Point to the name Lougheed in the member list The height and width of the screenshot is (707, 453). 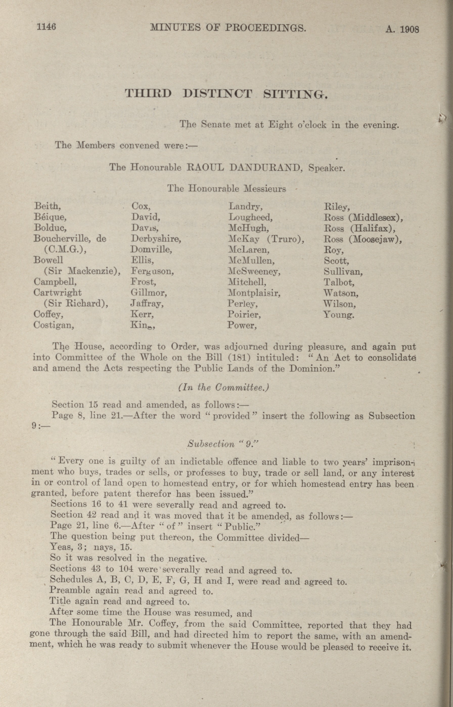pos(250,217)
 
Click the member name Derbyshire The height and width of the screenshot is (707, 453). pos(156,239)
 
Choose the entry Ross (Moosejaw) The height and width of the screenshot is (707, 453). pos(363,239)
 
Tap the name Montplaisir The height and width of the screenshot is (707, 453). pos(254,293)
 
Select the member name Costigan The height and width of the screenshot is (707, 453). pos(54,325)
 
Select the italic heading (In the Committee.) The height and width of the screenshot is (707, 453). pos(224,387)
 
